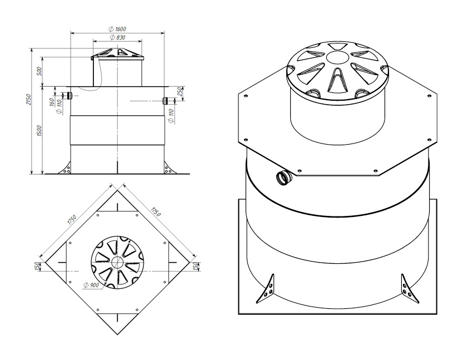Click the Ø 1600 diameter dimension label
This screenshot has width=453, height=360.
pyautogui.click(x=117, y=29)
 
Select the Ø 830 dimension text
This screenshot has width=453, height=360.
pyautogui.click(x=118, y=37)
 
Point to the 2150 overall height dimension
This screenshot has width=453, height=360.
pyautogui.click(x=28, y=99)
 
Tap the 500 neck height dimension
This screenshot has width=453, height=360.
pyautogui.click(x=39, y=71)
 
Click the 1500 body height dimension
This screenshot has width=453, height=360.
pyautogui.click(x=39, y=131)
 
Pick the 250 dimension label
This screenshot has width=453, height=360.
pyautogui.click(x=179, y=92)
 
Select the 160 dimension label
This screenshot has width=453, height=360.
pyautogui.click(x=52, y=102)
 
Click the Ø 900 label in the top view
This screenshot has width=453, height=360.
pyautogui.click(x=91, y=285)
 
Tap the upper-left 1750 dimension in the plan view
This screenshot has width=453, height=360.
pyautogui.click(x=72, y=219)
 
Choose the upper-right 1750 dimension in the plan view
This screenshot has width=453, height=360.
pyautogui.click(x=155, y=211)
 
